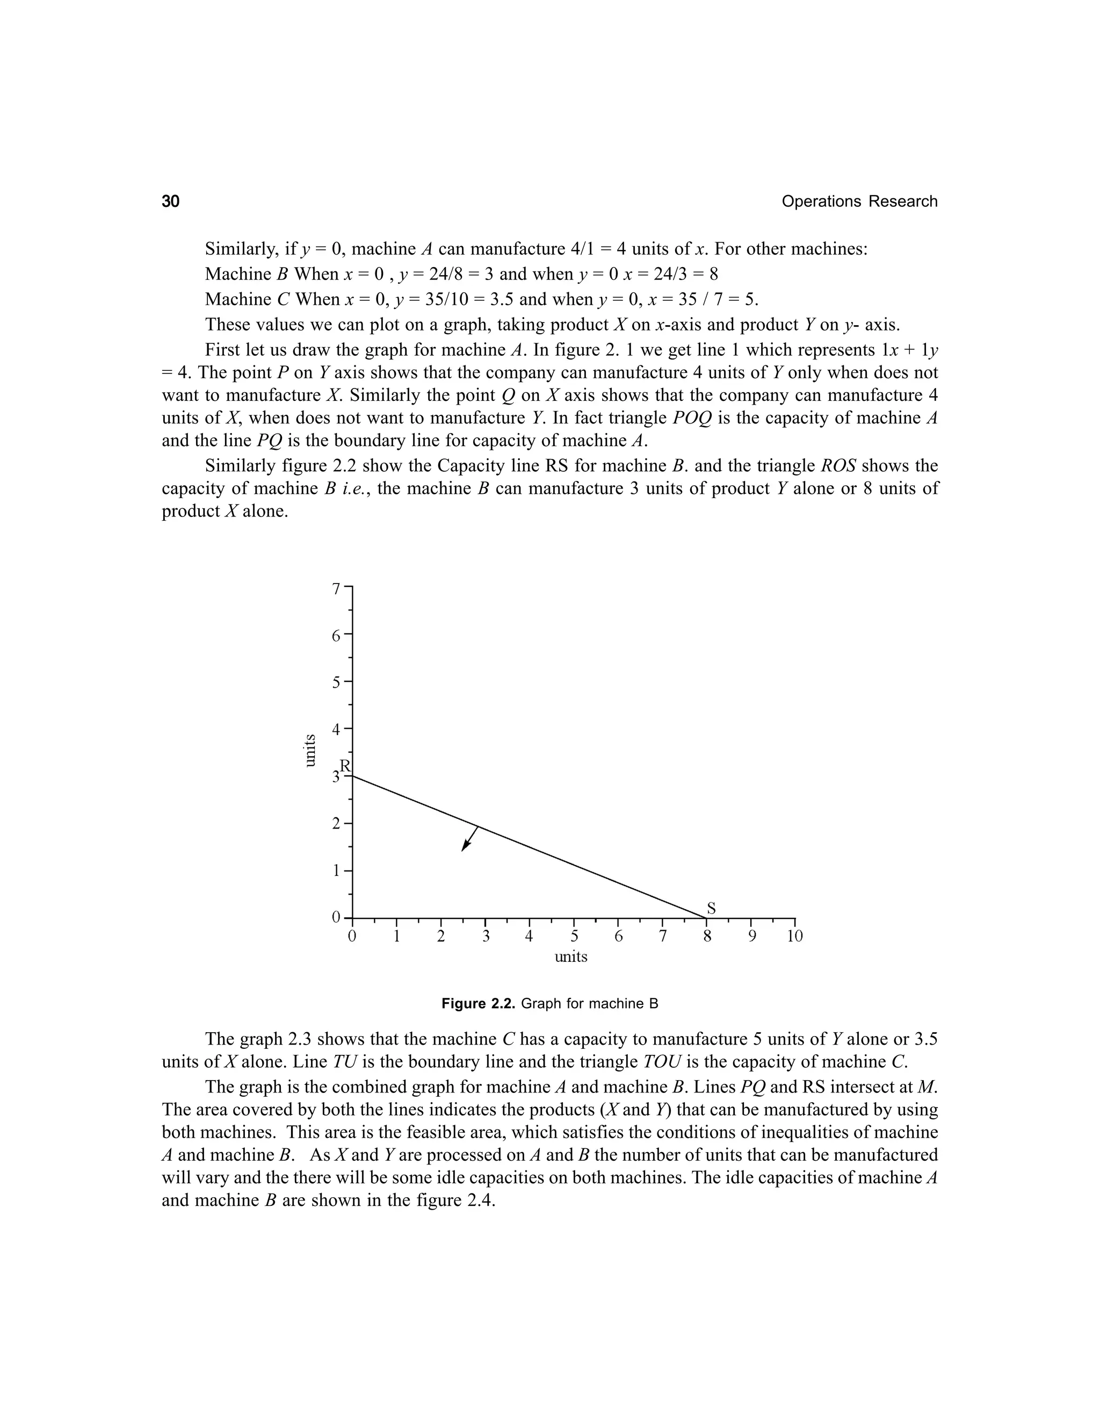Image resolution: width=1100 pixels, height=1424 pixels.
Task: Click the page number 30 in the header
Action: tap(171, 202)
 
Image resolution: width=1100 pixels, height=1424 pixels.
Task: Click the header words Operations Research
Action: tap(859, 202)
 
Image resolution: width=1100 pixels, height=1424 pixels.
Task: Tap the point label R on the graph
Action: tap(345, 765)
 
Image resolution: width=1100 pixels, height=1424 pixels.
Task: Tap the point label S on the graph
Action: tap(711, 908)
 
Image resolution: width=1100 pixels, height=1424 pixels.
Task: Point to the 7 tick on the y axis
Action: tap(336, 589)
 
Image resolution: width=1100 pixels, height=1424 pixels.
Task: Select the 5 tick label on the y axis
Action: tap(336, 682)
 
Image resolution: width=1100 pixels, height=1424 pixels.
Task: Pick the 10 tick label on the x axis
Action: tap(794, 937)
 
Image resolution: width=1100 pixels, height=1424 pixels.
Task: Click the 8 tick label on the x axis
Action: tap(706, 937)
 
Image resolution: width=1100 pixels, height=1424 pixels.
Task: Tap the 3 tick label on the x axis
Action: tap(486, 937)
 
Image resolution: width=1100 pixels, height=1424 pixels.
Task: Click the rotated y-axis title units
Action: tap(311, 750)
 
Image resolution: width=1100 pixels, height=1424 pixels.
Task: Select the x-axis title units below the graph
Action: tap(571, 956)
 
